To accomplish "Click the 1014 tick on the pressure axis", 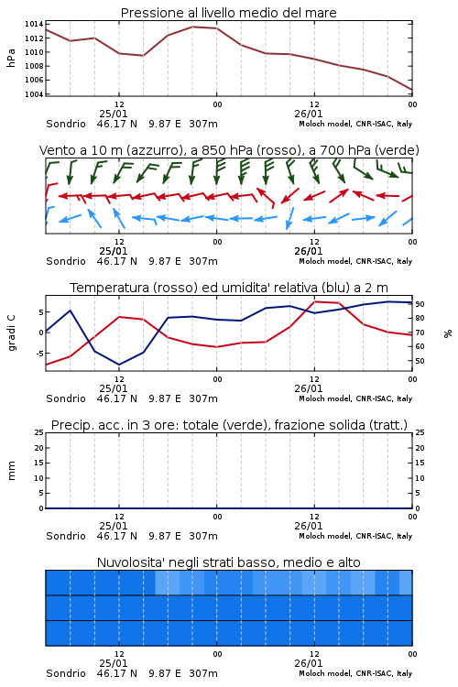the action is [x=34, y=24].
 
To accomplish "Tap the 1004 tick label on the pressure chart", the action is [x=34, y=94].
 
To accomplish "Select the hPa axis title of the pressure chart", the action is [x=11, y=58].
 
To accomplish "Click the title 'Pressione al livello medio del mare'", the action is [x=229, y=13].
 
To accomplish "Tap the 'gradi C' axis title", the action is [x=11, y=333].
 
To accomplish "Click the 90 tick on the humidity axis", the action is [x=420, y=304].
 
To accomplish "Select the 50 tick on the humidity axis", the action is [x=420, y=361].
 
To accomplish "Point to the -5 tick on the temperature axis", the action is [x=38, y=354].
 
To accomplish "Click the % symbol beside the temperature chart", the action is [x=448, y=333].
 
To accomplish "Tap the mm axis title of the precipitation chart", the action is [x=11, y=471].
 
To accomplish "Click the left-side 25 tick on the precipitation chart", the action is [x=39, y=432].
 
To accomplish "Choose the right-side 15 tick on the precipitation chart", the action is [x=420, y=463].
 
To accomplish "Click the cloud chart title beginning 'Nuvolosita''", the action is [x=229, y=562].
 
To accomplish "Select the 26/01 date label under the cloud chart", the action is [x=309, y=663].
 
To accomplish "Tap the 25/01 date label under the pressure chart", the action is [x=114, y=114].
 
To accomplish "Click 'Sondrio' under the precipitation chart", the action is [x=66, y=536].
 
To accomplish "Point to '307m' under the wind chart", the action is [x=203, y=261].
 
